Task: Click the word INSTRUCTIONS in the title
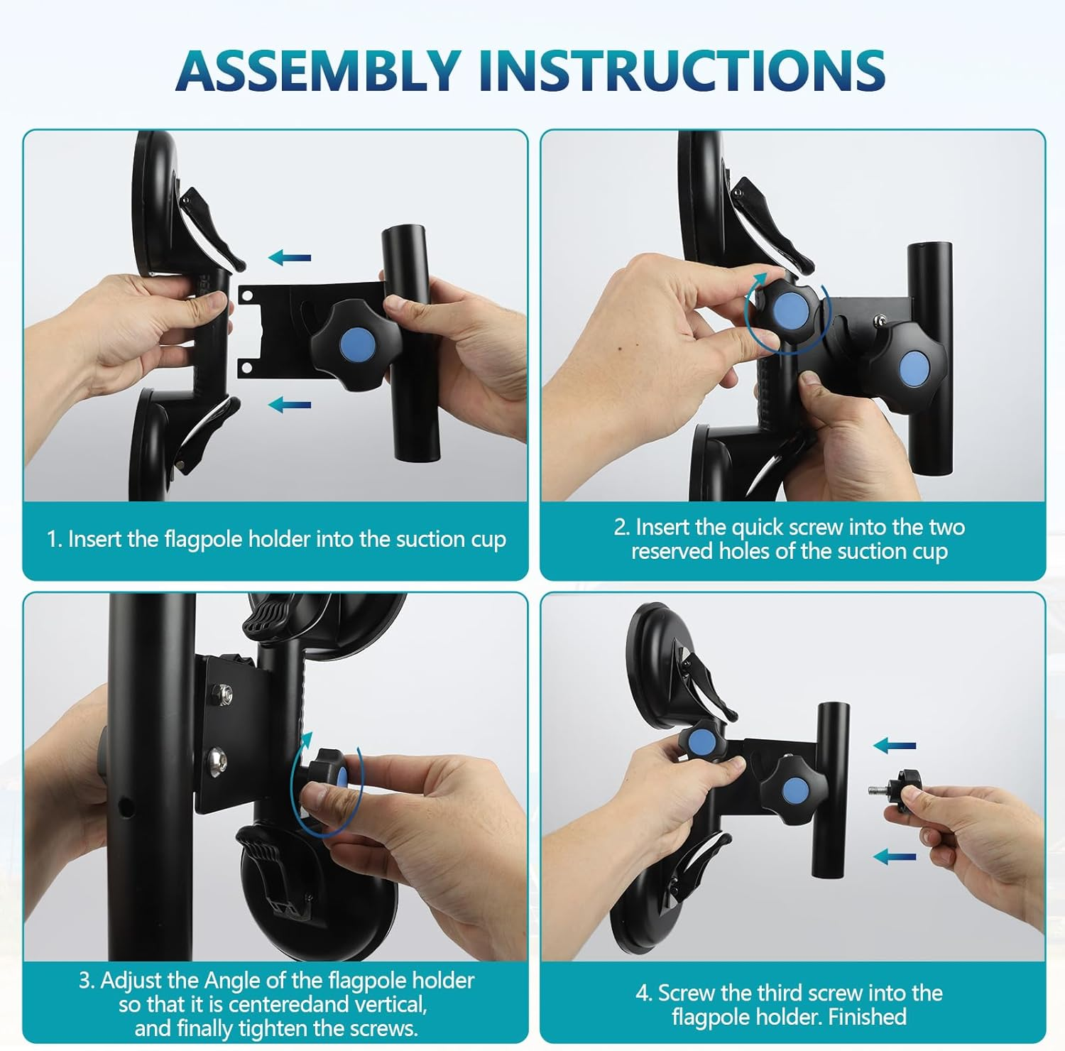click(682, 70)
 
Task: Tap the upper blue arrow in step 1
click(290, 257)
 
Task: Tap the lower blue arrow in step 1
click(290, 405)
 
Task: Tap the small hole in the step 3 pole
click(126, 806)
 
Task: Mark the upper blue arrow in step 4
click(895, 746)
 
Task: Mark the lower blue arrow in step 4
click(895, 857)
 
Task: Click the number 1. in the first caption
click(55, 540)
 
